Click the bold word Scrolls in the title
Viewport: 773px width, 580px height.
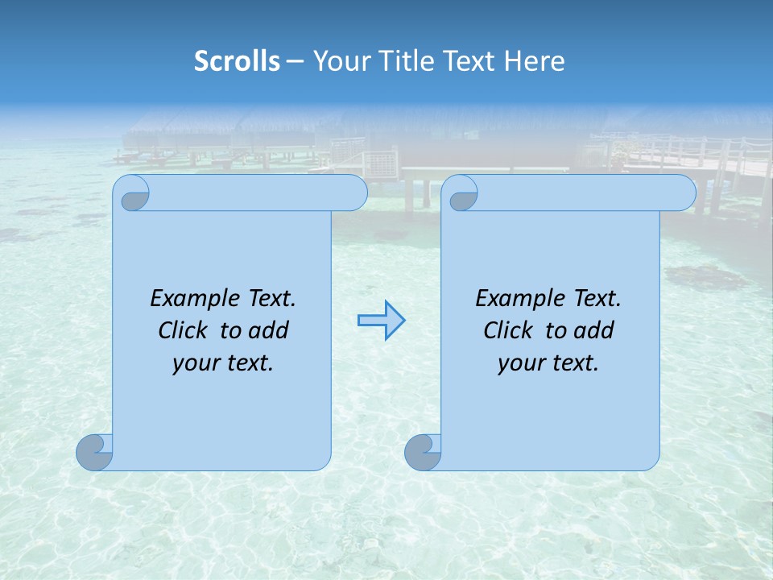point(238,61)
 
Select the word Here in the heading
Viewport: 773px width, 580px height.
point(535,61)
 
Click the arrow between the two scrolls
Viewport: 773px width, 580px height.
point(381,321)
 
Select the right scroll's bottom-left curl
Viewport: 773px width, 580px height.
point(423,452)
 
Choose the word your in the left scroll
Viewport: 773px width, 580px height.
point(194,364)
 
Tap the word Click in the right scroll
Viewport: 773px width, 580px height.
point(507,331)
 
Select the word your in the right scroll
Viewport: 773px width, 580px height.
point(519,364)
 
